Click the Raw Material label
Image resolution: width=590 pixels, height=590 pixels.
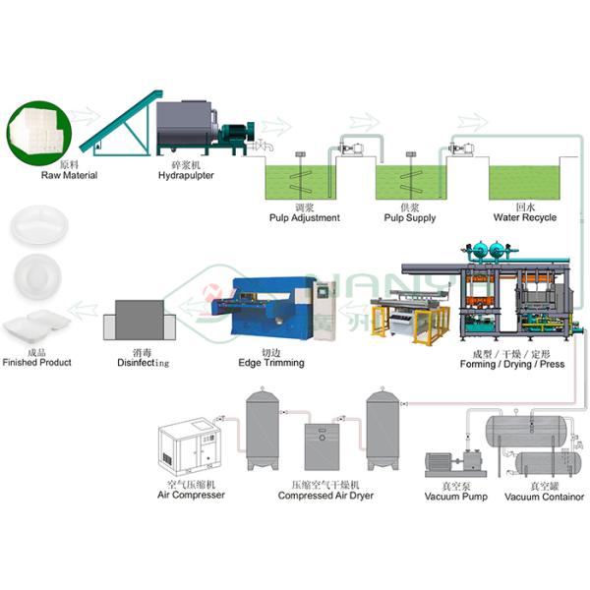click(x=68, y=176)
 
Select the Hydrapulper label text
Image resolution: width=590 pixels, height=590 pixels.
click(x=186, y=176)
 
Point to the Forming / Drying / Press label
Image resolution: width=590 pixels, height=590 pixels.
click(x=512, y=364)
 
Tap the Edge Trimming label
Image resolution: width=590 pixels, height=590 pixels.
click(x=270, y=363)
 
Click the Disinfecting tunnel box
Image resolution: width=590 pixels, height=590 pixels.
click(x=139, y=321)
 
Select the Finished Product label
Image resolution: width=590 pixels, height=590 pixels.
click(x=36, y=362)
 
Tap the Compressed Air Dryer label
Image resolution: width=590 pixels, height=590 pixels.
click(x=325, y=496)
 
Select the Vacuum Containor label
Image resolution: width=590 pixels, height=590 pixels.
click(x=544, y=497)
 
